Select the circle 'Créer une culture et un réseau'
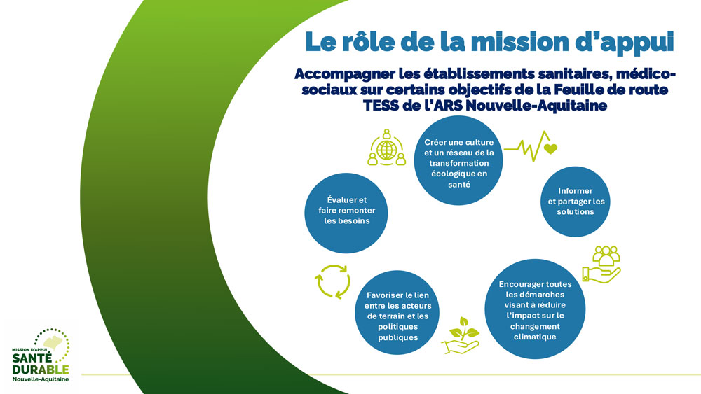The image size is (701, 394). (x=458, y=161)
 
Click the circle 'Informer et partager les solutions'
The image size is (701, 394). (x=576, y=202)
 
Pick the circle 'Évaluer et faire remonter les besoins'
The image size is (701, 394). (x=346, y=213)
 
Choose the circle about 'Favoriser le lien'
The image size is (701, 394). (x=397, y=312)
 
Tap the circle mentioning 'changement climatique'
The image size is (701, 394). (x=535, y=309)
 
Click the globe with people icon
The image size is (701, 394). (x=387, y=148)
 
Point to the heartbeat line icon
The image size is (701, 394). (x=531, y=146)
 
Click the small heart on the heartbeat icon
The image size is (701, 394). (x=550, y=148)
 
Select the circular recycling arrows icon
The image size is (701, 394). (x=332, y=281)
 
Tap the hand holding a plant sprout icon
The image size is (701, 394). (x=461, y=335)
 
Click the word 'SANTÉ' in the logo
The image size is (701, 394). (x=32, y=358)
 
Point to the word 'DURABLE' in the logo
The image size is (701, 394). (x=41, y=370)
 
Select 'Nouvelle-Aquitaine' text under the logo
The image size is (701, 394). (x=41, y=379)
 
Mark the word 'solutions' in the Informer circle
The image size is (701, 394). (x=576, y=212)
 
